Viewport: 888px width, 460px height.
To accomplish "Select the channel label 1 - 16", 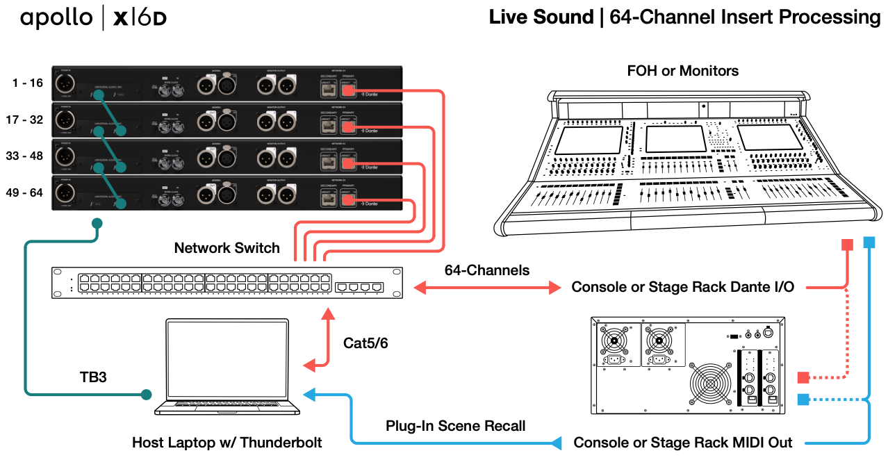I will [x=28, y=83].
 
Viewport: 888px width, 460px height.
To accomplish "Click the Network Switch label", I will [x=227, y=248].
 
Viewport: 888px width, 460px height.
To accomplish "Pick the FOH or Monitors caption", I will [x=682, y=71].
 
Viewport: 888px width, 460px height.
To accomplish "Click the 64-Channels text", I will [x=487, y=270].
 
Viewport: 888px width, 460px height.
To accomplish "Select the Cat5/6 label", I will [x=365, y=343].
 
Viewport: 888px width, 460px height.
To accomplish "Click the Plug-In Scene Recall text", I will [x=455, y=425].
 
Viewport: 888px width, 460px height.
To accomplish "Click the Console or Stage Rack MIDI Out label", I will [x=682, y=443].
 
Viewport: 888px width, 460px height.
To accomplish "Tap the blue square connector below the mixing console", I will [x=869, y=243].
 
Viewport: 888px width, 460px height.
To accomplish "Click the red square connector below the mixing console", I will [x=847, y=245].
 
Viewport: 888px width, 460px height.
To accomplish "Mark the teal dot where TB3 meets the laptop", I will [x=146, y=395].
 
